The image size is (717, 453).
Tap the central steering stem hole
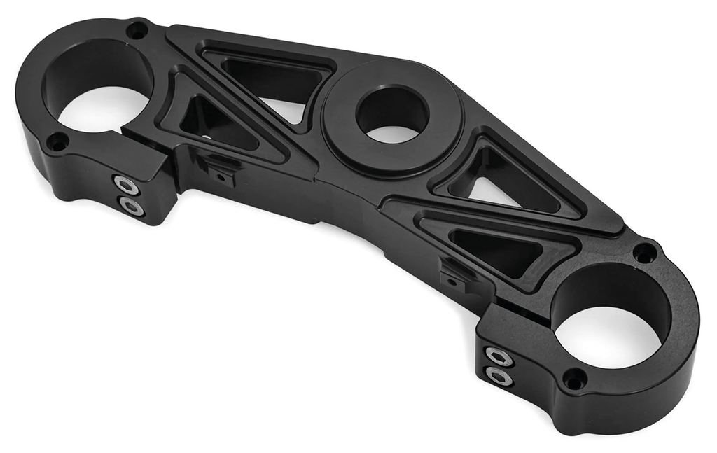click(391, 113)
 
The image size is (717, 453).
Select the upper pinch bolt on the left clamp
click(126, 185)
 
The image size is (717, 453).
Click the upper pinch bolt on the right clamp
click(498, 356)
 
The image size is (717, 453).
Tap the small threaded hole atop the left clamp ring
click(137, 30)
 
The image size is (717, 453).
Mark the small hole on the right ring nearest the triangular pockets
click(644, 253)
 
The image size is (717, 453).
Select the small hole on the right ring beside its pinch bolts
click(574, 379)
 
